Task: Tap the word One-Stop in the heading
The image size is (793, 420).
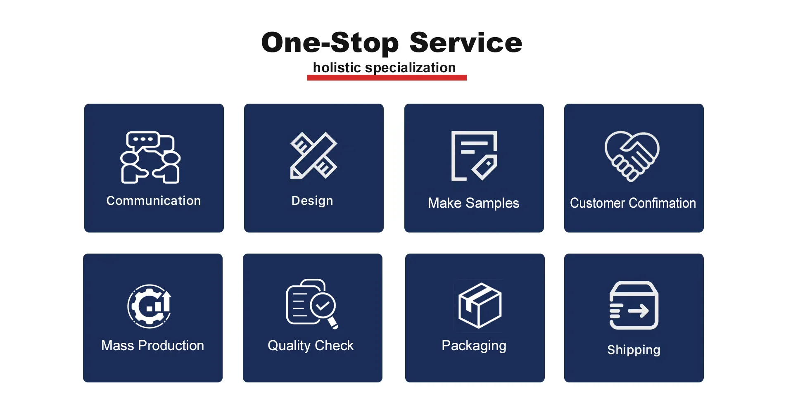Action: coord(330,43)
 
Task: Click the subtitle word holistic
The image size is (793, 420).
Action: coord(337,67)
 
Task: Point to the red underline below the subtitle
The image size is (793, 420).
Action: coord(387,78)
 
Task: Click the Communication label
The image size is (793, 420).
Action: coord(154,201)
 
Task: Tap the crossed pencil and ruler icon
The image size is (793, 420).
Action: coord(314,155)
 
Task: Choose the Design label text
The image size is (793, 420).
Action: coord(312,201)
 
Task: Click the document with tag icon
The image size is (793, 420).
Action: coord(474,156)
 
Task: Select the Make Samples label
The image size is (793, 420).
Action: coord(474,203)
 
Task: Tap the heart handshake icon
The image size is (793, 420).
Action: coord(632,156)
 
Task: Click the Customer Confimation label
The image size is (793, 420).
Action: coord(633,203)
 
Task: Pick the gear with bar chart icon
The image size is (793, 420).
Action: coord(150,306)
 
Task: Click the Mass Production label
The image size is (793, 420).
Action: coord(153,346)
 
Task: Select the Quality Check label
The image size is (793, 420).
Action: coord(311,346)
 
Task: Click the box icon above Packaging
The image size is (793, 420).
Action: coord(480,306)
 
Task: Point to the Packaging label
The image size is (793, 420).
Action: coord(474,346)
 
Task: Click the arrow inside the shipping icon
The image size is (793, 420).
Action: coord(639,311)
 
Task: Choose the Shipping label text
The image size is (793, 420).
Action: coord(634,350)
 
